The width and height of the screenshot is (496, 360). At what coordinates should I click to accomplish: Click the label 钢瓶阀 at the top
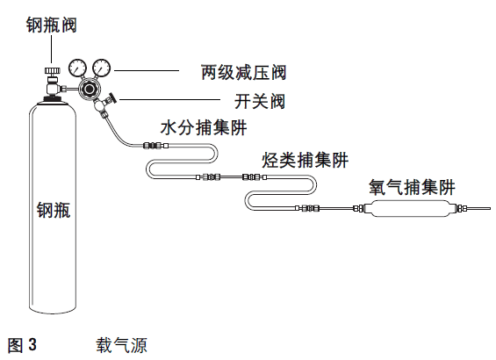click(52, 25)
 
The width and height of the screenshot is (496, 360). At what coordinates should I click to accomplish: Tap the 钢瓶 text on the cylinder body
click(54, 210)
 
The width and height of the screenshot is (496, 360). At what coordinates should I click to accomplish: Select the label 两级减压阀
click(243, 73)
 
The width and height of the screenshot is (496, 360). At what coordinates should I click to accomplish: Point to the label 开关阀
click(260, 101)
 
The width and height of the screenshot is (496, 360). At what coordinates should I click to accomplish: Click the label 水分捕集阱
click(204, 128)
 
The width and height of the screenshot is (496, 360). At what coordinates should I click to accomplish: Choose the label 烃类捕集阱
click(306, 160)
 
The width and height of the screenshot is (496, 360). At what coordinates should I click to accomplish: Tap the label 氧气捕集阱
click(412, 187)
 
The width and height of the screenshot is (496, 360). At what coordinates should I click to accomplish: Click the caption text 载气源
click(122, 345)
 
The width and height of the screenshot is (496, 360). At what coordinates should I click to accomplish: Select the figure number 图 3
click(22, 345)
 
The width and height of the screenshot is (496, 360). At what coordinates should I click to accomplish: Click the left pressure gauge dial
click(77, 68)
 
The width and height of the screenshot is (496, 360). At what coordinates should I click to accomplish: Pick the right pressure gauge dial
click(102, 68)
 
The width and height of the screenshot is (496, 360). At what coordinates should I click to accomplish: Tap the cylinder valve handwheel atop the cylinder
click(52, 70)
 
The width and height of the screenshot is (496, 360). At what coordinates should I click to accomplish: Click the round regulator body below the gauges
click(90, 90)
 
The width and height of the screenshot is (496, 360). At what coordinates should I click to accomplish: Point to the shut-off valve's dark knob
click(112, 97)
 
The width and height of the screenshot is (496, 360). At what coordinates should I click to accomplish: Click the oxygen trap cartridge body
click(411, 208)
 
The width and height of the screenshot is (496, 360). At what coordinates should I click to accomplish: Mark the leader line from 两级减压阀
click(147, 70)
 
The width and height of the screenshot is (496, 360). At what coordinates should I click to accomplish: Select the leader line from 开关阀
click(169, 99)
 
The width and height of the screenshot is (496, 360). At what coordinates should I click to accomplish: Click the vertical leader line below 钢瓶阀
click(52, 49)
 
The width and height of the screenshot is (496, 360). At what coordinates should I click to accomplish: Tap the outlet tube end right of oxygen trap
click(490, 208)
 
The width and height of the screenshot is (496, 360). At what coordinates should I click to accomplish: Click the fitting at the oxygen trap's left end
click(358, 208)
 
